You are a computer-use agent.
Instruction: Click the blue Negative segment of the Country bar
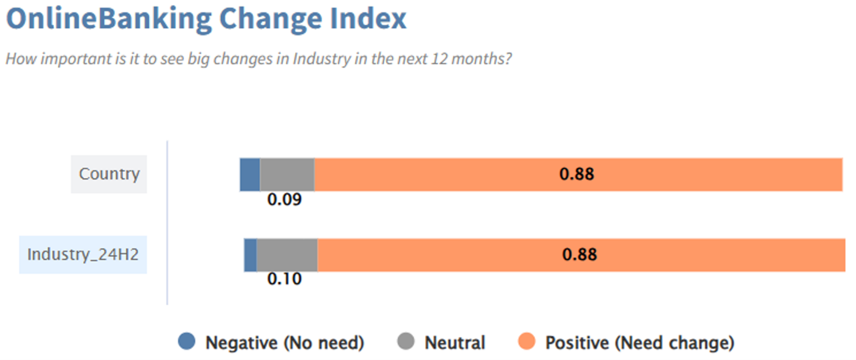[x=250, y=174]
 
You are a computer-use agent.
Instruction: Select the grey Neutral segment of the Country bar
[x=287, y=174]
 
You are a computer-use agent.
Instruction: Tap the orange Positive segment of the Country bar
[x=578, y=174]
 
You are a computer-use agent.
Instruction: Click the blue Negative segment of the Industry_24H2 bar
[x=250, y=255]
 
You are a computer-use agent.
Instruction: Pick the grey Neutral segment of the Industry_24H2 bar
[x=287, y=255]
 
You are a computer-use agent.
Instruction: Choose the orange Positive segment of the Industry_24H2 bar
[x=581, y=255]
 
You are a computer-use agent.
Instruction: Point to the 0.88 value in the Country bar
[x=577, y=174]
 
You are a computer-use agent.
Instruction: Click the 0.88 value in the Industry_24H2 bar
[x=579, y=254]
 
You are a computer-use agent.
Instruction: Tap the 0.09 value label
[x=284, y=199]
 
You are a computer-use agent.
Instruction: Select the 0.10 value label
[x=284, y=279]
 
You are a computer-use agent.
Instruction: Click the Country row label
[x=109, y=174]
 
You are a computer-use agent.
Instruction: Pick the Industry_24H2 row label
[x=83, y=254]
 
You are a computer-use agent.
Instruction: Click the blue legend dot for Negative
[x=187, y=341]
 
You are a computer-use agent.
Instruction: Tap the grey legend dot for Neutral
[x=406, y=341]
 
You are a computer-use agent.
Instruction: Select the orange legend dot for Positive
[x=526, y=341]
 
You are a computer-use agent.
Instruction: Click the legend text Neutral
[x=455, y=343]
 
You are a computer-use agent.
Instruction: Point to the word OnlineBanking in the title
[x=109, y=19]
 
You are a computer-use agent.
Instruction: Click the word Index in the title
[x=368, y=19]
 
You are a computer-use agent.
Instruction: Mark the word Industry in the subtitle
[x=322, y=59]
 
